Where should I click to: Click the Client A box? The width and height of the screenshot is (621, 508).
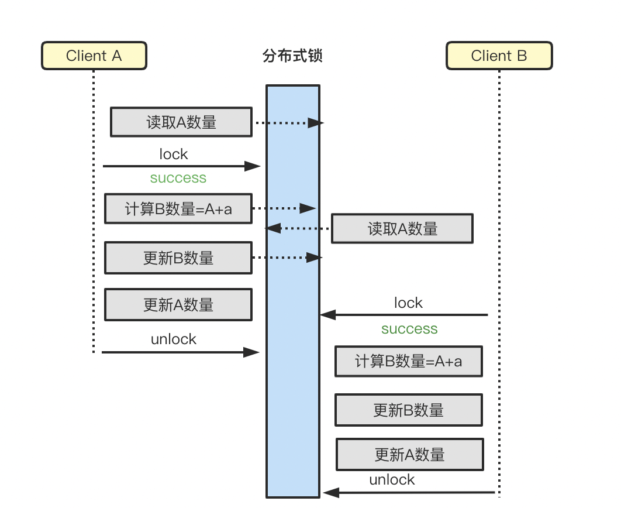94,56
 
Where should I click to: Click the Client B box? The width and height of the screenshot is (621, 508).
499,56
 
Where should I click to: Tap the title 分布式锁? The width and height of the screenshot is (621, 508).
293,56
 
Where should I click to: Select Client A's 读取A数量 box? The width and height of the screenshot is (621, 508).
181,122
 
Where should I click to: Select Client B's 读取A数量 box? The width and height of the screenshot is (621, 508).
402,229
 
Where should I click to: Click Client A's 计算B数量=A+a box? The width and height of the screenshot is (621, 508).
178,209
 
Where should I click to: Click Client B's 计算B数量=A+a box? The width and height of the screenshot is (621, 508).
408,361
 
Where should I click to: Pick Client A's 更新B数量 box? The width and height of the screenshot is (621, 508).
178,258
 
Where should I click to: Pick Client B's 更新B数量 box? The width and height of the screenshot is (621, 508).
408,410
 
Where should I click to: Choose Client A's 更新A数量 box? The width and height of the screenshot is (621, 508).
178,304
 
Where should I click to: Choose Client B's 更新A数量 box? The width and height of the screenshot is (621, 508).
409,454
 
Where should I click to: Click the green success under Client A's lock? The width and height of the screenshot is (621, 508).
178,178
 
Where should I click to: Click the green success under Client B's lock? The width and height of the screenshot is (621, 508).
409,329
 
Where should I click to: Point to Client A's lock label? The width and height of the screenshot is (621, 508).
174,154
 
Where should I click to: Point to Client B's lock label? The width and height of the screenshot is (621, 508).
408,303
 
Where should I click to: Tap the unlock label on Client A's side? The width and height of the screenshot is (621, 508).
174,339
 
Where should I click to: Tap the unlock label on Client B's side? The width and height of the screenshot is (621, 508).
392,480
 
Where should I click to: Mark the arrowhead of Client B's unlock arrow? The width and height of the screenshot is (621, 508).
330,493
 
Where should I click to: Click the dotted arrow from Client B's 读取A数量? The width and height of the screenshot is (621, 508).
298,228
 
